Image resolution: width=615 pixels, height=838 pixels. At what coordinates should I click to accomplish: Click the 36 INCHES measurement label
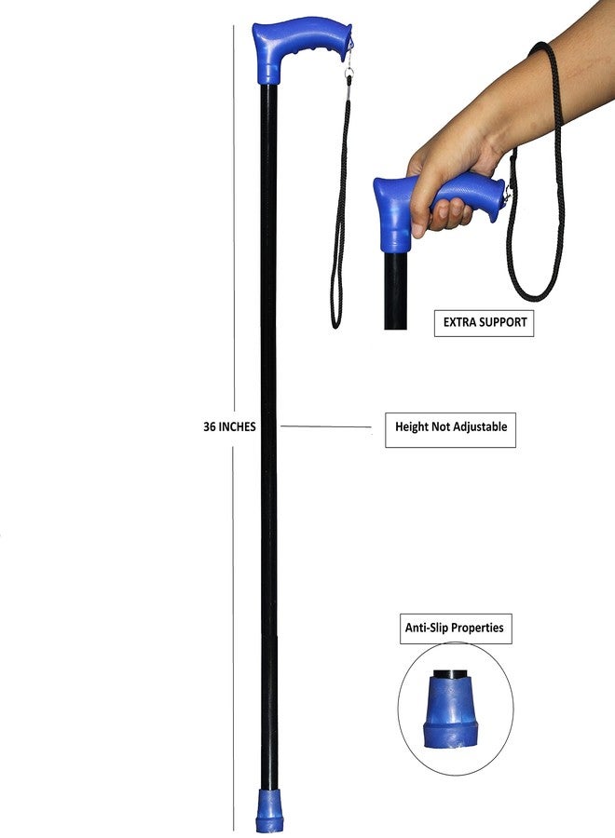[x=229, y=426]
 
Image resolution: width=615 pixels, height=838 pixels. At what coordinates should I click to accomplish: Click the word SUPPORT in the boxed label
[x=502, y=322]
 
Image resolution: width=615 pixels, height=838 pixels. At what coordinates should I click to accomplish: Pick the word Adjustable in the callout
[x=480, y=426]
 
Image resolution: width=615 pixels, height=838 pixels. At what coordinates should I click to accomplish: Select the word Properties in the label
[x=478, y=628]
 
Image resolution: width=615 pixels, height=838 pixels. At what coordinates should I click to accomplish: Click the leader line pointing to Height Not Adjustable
[x=326, y=426]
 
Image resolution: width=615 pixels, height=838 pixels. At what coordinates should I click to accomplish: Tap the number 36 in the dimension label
[x=209, y=426]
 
